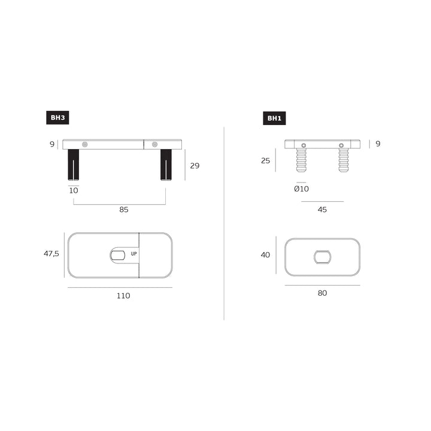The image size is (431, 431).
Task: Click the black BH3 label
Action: (x=57, y=118)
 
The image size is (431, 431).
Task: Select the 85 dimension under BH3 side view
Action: (x=124, y=210)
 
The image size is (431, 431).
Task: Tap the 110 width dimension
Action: (x=123, y=295)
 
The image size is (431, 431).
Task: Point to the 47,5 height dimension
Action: (x=51, y=253)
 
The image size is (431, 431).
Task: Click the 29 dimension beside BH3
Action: (x=195, y=166)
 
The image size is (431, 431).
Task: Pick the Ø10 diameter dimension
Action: (x=301, y=189)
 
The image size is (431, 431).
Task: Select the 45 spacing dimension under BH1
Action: (x=322, y=210)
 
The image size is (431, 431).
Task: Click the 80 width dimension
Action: (x=322, y=293)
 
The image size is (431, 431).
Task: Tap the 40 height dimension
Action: (x=265, y=255)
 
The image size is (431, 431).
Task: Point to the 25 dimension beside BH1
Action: (x=265, y=160)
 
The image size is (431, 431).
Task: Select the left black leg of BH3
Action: (x=74, y=164)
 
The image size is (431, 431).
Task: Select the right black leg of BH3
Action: (x=166, y=164)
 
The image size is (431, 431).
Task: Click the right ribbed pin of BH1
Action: (x=343, y=160)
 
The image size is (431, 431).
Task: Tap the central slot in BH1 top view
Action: (x=322, y=257)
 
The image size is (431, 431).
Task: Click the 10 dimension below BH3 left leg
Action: (x=74, y=190)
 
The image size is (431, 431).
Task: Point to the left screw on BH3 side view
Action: (x=85, y=144)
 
